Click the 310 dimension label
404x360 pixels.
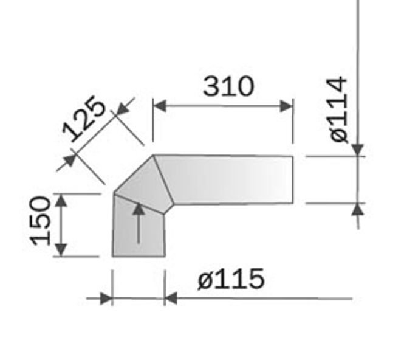click(228, 86)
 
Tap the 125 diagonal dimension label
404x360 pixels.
click(84, 119)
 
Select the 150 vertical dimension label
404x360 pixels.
click(40, 221)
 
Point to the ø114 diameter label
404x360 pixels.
click(338, 109)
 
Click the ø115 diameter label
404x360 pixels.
click(231, 279)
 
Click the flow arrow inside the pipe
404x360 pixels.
click(139, 224)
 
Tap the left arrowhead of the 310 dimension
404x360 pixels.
click(160, 106)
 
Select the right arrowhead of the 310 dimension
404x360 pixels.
click(286, 106)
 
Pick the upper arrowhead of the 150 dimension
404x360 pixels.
click(61, 201)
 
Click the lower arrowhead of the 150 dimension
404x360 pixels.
click(61, 250)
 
